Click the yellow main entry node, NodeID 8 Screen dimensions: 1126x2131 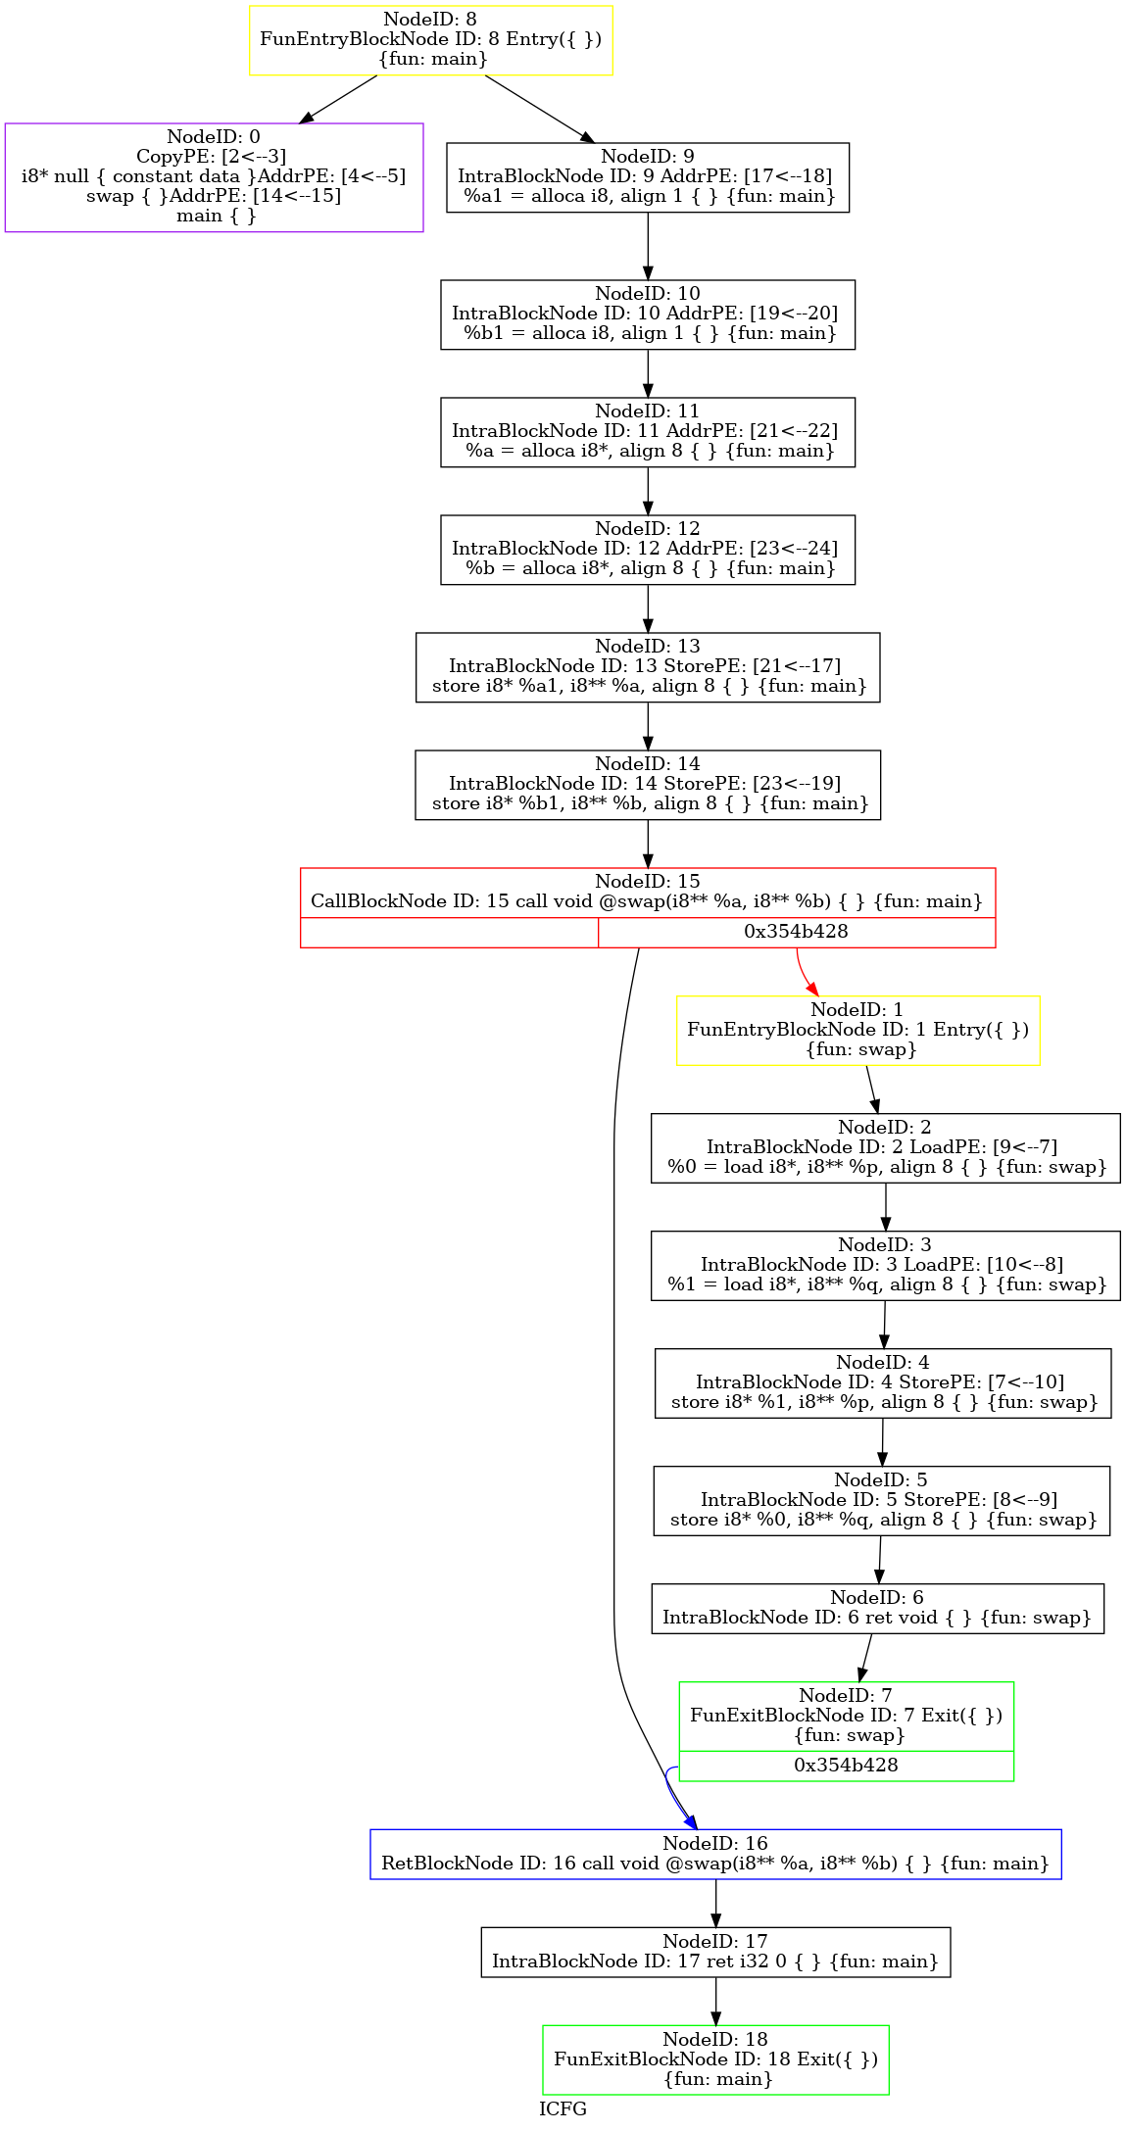(431, 40)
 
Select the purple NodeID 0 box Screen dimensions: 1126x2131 (214, 177)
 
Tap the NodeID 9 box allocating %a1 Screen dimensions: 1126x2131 (648, 177)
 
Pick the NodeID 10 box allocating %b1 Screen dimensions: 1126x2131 (648, 315)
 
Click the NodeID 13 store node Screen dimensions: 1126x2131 (648, 667)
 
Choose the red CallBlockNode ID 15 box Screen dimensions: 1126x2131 (648, 907)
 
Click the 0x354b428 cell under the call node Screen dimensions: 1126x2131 (796, 932)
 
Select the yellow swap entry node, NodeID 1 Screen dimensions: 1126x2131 (858, 1031)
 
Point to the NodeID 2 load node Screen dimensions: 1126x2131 (886, 1148)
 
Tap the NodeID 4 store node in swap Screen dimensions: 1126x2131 (883, 1383)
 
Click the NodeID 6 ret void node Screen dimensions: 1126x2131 (878, 1609)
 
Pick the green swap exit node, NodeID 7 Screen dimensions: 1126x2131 (847, 1731)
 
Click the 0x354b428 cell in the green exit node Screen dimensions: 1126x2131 (847, 1766)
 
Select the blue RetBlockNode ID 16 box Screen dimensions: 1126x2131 (715, 1854)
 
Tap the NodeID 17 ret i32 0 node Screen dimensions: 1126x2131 (715, 1952)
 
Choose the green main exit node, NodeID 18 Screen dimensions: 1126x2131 (715, 2059)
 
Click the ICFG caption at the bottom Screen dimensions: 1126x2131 (563, 2108)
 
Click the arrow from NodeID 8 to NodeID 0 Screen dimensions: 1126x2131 (338, 99)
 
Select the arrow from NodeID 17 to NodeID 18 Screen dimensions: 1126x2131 (715, 2001)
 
